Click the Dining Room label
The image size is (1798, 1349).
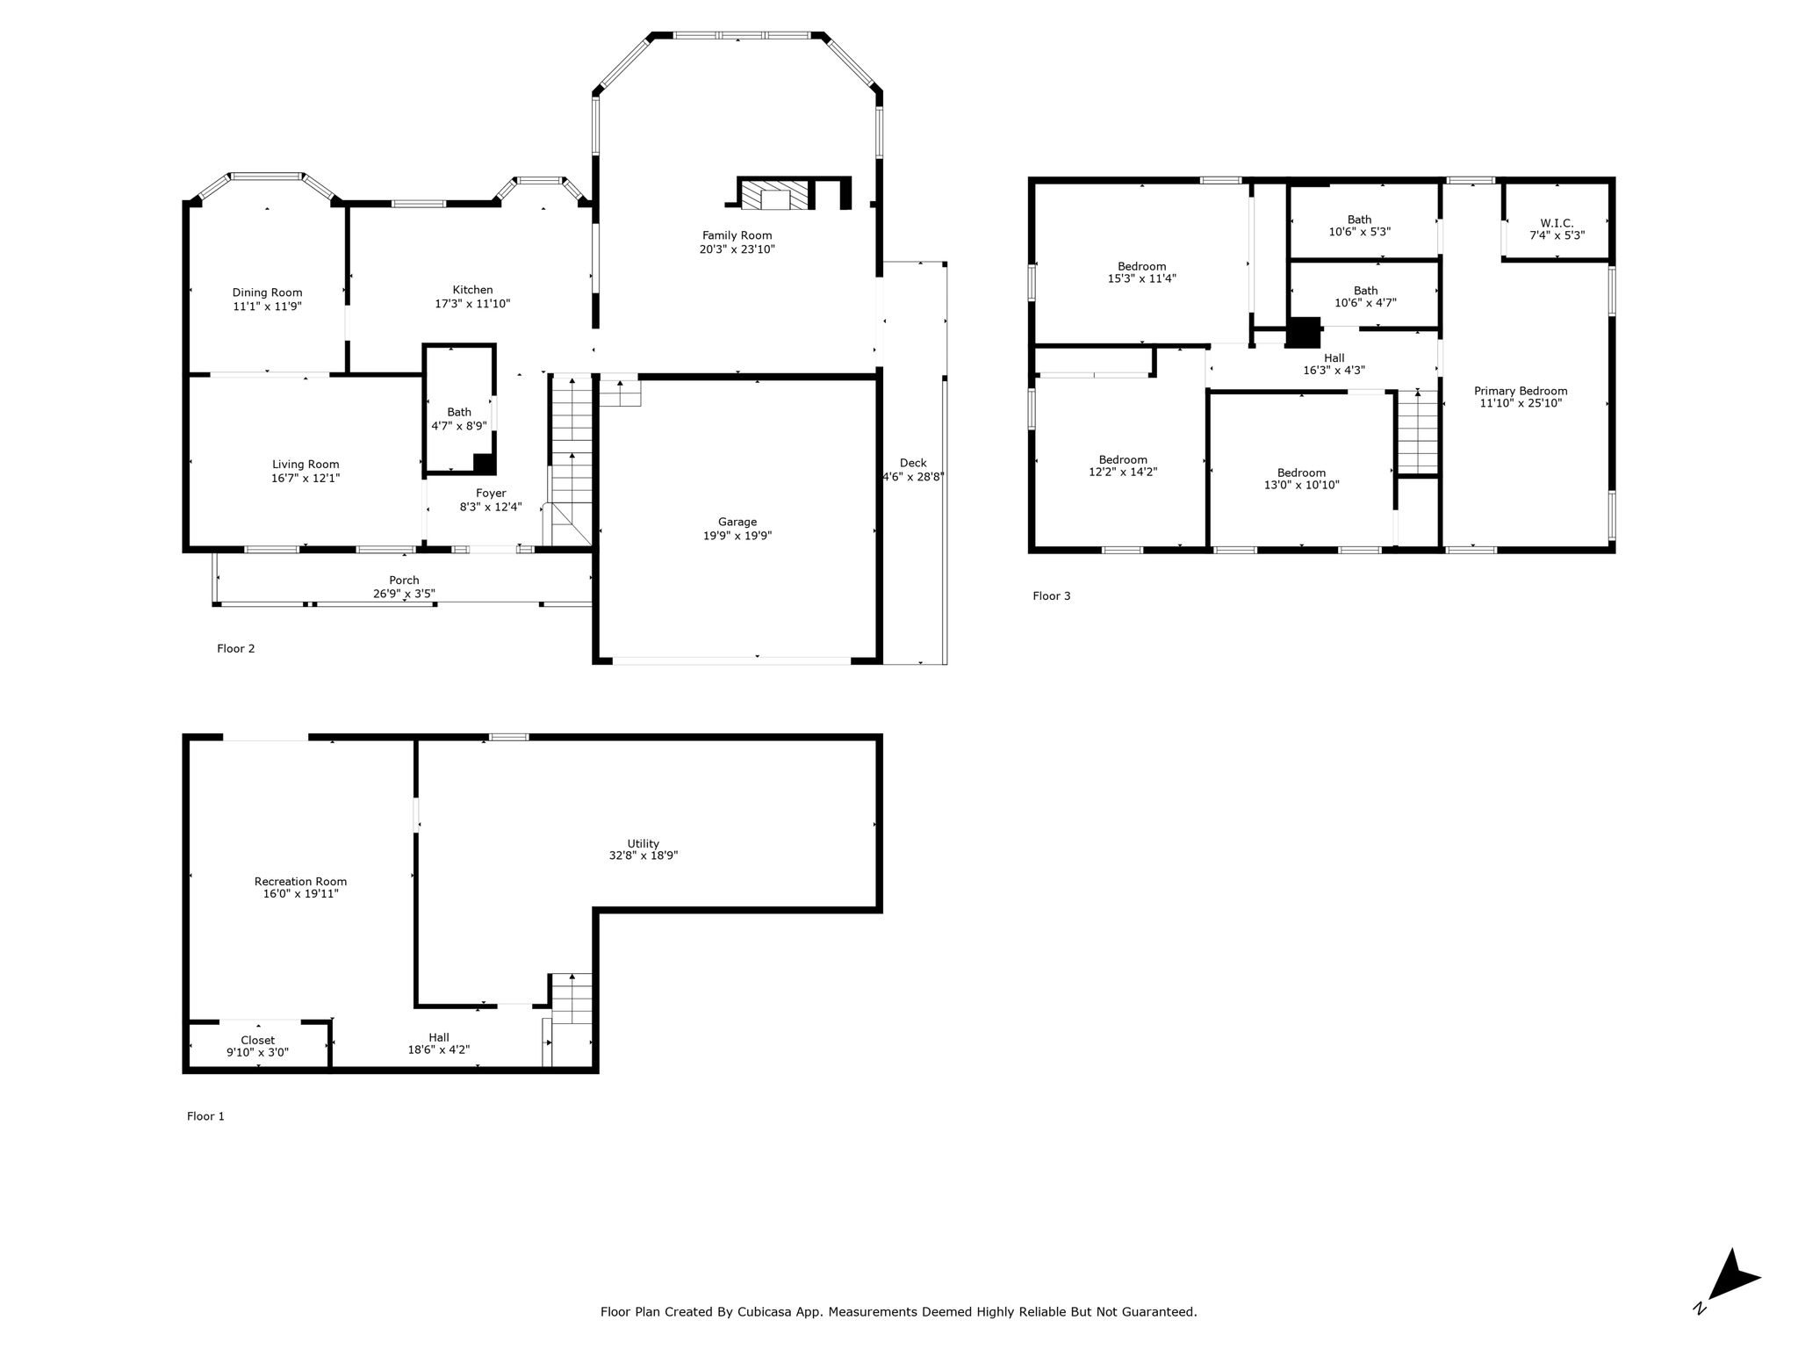pyautogui.click(x=267, y=292)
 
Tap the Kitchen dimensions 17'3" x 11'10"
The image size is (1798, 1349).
pyautogui.click(x=472, y=304)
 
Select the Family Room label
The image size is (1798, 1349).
pyautogui.click(x=737, y=235)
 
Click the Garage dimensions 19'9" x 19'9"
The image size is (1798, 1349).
pyautogui.click(x=737, y=536)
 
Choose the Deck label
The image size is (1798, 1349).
pyautogui.click(x=913, y=463)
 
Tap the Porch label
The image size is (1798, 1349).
pyautogui.click(x=404, y=580)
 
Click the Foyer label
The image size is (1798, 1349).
pyautogui.click(x=491, y=494)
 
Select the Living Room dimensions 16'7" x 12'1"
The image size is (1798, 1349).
pyautogui.click(x=306, y=479)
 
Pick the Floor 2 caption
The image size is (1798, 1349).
pyautogui.click(x=236, y=648)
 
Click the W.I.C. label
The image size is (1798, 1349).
pyautogui.click(x=1557, y=223)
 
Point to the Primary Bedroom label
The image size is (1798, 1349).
pyautogui.click(x=1521, y=391)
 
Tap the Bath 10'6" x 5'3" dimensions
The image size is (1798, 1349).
pyautogui.click(x=1359, y=232)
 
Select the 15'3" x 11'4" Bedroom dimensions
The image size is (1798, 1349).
pyautogui.click(x=1141, y=278)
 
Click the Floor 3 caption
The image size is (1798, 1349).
pyautogui.click(x=1052, y=595)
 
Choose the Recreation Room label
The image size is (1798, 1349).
pyautogui.click(x=300, y=882)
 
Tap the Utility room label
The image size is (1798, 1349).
pyautogui.click(x=643, y=844)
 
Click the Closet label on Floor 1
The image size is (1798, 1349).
pyautogui.click(x=257, y=1040)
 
